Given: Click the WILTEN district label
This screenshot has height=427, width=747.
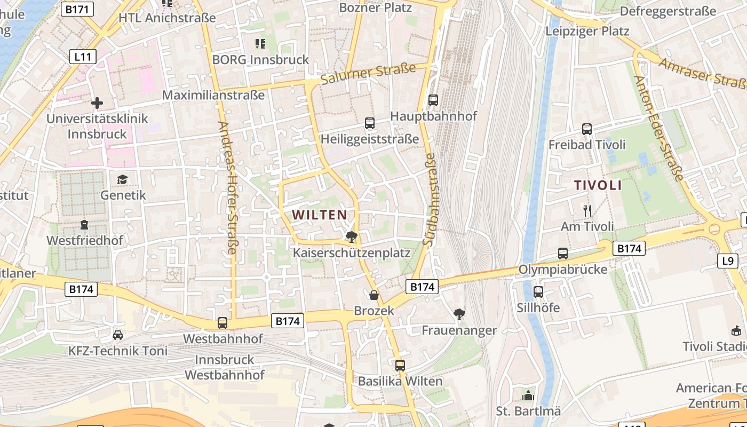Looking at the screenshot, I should coord(320,215).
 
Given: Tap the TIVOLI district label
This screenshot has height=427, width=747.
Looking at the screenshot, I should coord(598,186).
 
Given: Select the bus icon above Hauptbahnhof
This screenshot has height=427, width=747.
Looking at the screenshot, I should coord(433,100).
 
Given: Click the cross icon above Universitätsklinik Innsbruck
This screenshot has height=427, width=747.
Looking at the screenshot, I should coord(97,102).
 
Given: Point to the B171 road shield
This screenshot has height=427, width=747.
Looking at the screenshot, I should coord(78,9).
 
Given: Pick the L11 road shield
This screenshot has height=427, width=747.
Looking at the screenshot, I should coord(83,56).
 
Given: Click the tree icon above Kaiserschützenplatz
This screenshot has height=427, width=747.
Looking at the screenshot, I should coord(351,236).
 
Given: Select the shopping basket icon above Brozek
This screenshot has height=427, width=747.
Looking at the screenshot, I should coord(374,295).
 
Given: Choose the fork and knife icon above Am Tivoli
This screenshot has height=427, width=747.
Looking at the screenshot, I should coord(587,211).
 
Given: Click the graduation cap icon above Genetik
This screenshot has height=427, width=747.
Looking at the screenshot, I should coord(123,179).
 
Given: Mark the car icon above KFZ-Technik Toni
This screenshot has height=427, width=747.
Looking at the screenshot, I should coord(118,335).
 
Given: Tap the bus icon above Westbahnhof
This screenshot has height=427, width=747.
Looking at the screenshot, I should coord(222,323).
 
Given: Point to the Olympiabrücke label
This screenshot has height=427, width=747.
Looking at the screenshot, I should coord(563,270).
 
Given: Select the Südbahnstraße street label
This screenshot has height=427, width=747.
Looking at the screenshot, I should coord(429,199).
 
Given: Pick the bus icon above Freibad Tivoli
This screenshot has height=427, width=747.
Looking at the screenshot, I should coord(587,129).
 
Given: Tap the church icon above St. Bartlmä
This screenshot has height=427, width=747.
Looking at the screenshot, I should coord(528,396).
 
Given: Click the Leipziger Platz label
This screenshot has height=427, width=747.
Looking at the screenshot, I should coord(587,31).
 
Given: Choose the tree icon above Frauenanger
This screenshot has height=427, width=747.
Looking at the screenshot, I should coord(459,314).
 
